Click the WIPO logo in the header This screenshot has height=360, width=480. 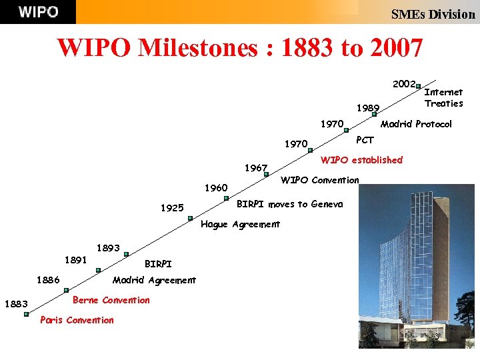(38, 12)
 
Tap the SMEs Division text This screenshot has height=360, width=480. (433, 14)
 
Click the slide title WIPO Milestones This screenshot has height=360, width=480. (240, 48)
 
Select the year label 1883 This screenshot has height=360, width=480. (16, 305)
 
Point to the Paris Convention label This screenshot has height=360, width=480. (77, 320)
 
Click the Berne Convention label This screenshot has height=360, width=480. (111, 300)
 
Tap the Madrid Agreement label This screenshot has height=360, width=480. (154, 280)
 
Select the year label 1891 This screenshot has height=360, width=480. (75, 260)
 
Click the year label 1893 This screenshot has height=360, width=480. (108, 248)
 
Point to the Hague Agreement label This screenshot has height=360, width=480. (240, 225)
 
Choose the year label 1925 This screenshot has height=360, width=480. (172, 208)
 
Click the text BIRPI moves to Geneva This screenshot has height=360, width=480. (290, 204)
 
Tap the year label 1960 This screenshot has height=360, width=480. (215, 188)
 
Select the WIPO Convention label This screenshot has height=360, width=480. (319, 180)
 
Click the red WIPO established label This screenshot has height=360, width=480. (361, 160)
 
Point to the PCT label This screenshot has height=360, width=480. (365, 140)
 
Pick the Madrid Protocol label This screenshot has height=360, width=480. (415, 124)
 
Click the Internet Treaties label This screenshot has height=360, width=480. (443, 97)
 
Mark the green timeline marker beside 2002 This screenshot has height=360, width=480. (417, 86)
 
